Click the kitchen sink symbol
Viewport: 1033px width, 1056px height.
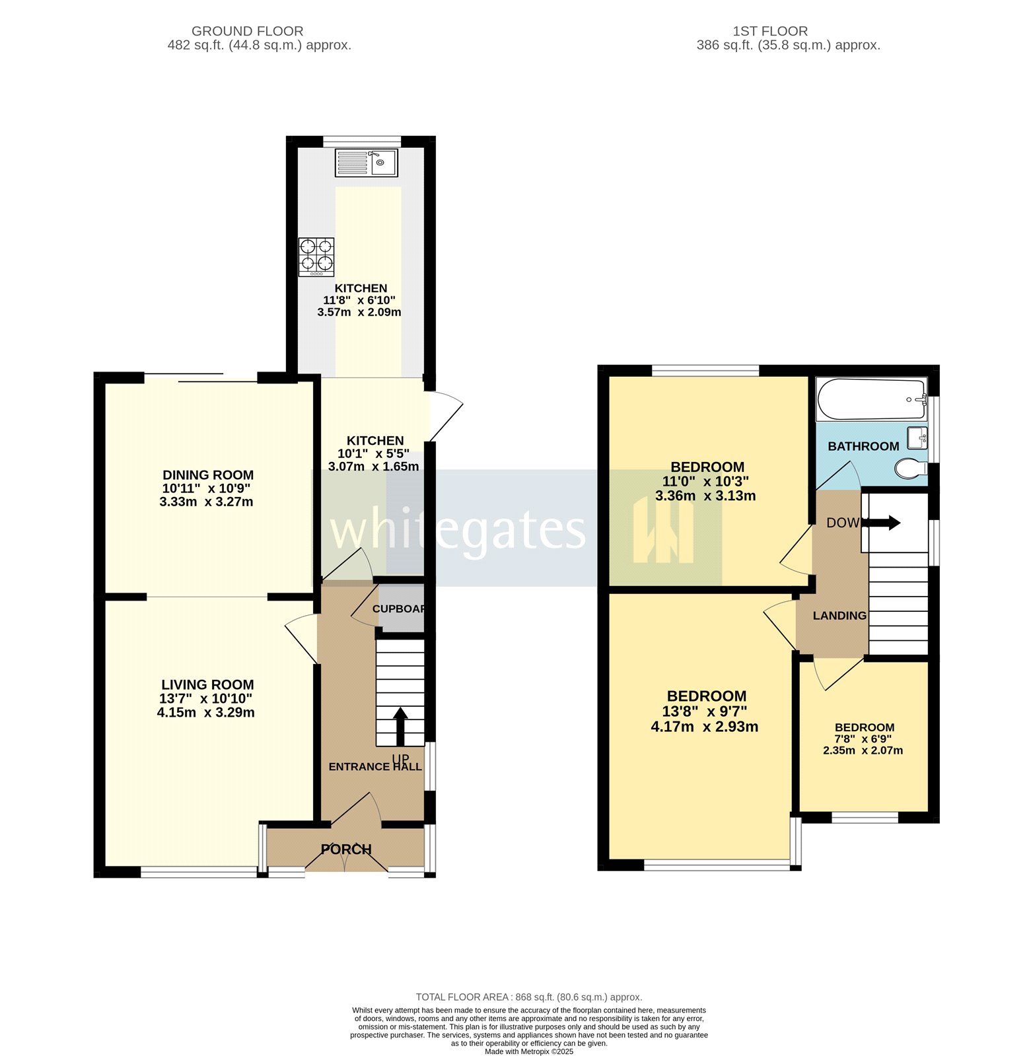366,163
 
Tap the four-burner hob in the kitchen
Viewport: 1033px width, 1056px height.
316,257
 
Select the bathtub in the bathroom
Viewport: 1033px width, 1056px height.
872,399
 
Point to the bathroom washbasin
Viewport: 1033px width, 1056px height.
917,438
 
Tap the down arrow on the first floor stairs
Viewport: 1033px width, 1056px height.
881,523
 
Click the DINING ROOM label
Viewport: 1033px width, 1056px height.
208,475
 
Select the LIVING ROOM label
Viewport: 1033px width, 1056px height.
207,684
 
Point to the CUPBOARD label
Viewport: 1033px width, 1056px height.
399,609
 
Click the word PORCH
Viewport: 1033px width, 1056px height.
346,849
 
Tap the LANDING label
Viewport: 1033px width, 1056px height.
839,616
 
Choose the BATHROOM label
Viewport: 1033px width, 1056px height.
863,446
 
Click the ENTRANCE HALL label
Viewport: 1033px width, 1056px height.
375,766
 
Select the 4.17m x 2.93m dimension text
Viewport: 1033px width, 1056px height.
705,727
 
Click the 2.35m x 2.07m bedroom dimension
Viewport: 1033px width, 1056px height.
863,750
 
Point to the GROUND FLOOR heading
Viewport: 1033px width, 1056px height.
248,31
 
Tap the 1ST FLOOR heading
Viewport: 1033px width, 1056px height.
770,31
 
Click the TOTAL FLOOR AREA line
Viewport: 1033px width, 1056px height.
529,997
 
